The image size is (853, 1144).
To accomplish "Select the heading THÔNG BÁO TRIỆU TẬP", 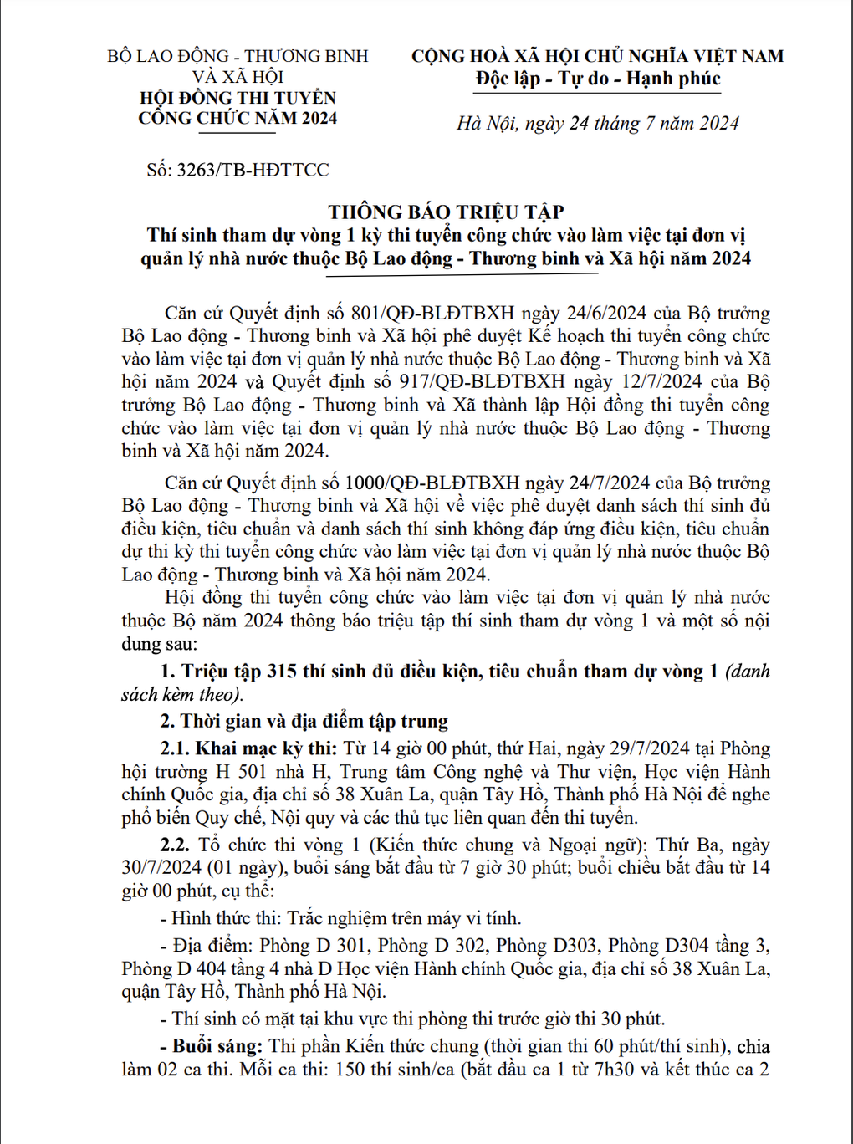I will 446,212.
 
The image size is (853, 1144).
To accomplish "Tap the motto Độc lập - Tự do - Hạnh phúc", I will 597,79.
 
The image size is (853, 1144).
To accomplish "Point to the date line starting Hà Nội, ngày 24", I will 597,124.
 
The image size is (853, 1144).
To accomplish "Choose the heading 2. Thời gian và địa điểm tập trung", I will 304,722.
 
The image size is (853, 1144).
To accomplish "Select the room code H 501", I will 241,772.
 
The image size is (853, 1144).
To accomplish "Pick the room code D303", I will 574,946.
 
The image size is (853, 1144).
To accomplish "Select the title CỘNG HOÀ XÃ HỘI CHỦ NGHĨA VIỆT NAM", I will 597,56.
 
